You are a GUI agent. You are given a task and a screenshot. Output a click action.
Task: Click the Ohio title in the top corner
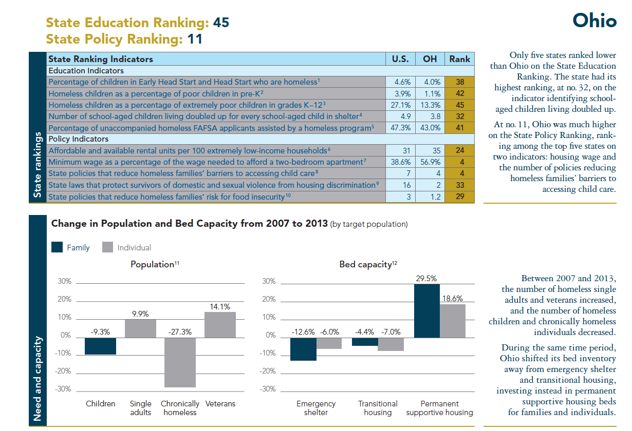tap(594, 21)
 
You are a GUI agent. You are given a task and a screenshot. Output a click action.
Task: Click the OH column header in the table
tap(430, 59)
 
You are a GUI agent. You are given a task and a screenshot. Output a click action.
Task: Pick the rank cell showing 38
tap(460, 82)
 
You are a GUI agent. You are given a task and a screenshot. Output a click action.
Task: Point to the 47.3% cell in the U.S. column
tap(400, 128)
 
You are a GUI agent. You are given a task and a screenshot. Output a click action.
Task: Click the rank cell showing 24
tap(460, 151)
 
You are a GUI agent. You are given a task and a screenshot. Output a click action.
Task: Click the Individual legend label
tap(134, 248)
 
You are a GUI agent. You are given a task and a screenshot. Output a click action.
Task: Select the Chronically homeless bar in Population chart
tap(180, 362)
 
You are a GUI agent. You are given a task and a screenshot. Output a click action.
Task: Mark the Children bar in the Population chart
tap(100, 346)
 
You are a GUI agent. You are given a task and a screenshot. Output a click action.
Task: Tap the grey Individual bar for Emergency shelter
tap(329, 343)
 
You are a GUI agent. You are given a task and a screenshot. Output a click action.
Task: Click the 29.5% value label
tap(426, 279)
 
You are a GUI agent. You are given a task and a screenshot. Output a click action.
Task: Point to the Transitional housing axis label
tap(378, 408)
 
